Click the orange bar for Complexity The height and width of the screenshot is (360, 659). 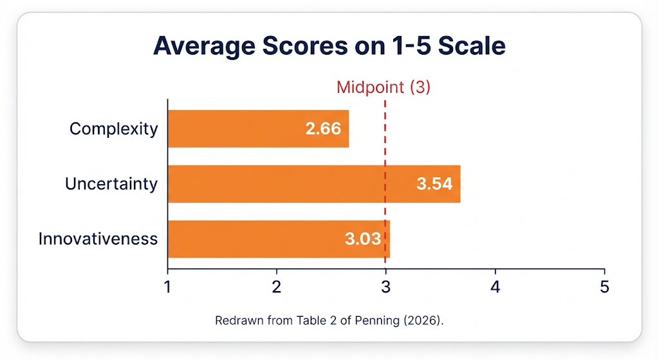click(x=259, y=129)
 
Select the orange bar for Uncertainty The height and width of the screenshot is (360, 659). click(x=314, y=184)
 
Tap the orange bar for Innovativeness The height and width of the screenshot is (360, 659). click(x=279, y=239)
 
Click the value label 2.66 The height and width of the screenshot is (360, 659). click(x=323, y=129)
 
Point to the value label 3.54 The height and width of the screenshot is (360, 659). click(x=434, y=184)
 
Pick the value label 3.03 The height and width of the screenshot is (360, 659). click(x=363, y=239)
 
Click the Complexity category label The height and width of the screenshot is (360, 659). click(x=113, y=129)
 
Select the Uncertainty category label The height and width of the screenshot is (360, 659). click(x=111, y=184)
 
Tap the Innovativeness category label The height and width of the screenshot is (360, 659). click(x=98, y=239)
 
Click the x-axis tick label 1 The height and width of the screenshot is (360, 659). click(x=168, y=287)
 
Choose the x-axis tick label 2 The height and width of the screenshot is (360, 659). click(x=277, y=287)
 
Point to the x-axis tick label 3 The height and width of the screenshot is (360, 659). click(x=386, y=287)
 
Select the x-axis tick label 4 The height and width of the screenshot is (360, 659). click(x=496, y=287)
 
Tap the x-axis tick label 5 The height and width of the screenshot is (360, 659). click(x=604, y=287)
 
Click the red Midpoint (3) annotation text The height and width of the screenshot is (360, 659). click(x=384, y=87)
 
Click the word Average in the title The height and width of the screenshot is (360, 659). click(x=204, y=46)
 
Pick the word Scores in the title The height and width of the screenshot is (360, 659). click(x=305, y=46)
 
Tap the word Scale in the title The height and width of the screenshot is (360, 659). click(x=472, y=46)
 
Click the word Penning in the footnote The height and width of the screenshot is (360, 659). click(x=377, y=321)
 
